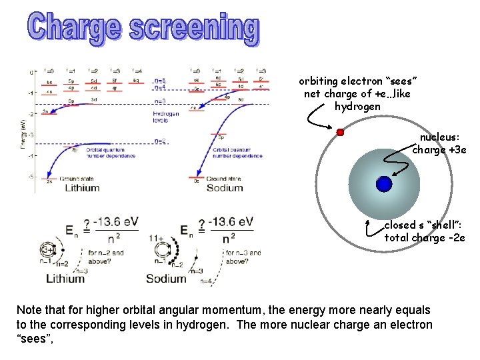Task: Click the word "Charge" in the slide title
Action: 74,29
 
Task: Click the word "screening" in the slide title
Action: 193,29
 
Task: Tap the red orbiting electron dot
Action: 340,132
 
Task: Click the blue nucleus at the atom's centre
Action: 383,184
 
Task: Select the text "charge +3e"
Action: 439,150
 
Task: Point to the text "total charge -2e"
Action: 425,237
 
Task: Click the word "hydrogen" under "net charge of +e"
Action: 357,107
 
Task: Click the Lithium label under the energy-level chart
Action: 82,187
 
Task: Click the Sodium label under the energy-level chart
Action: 224,187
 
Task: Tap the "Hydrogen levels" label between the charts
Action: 165,117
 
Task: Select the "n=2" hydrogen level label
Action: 160,141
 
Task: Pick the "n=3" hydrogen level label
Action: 160,101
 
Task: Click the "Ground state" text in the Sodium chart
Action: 223,179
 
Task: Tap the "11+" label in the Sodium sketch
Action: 156,239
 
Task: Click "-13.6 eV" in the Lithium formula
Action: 117,222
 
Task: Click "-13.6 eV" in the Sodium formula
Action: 230,222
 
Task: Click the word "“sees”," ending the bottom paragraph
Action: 34,339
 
